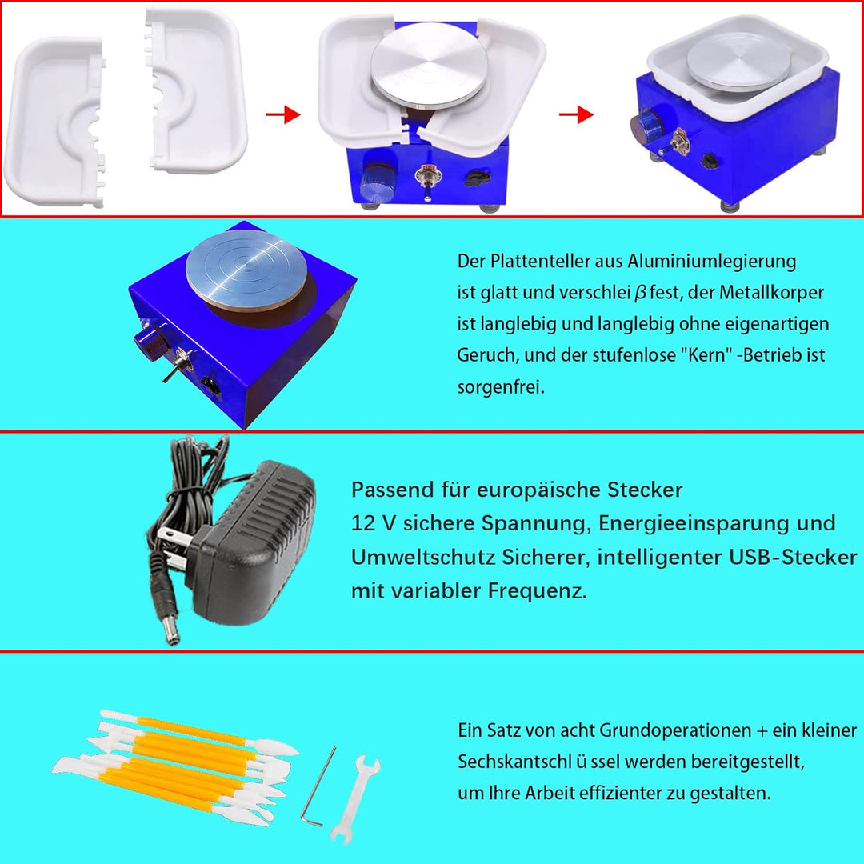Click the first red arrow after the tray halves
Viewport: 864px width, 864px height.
283,114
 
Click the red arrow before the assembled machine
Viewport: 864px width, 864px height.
576,114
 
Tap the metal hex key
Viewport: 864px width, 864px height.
319,786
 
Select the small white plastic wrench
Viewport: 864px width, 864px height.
355,799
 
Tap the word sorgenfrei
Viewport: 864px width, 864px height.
501,387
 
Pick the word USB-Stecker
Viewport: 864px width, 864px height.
793,557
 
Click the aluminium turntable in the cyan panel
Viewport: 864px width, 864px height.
246,270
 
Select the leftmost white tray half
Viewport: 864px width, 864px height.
55,122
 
